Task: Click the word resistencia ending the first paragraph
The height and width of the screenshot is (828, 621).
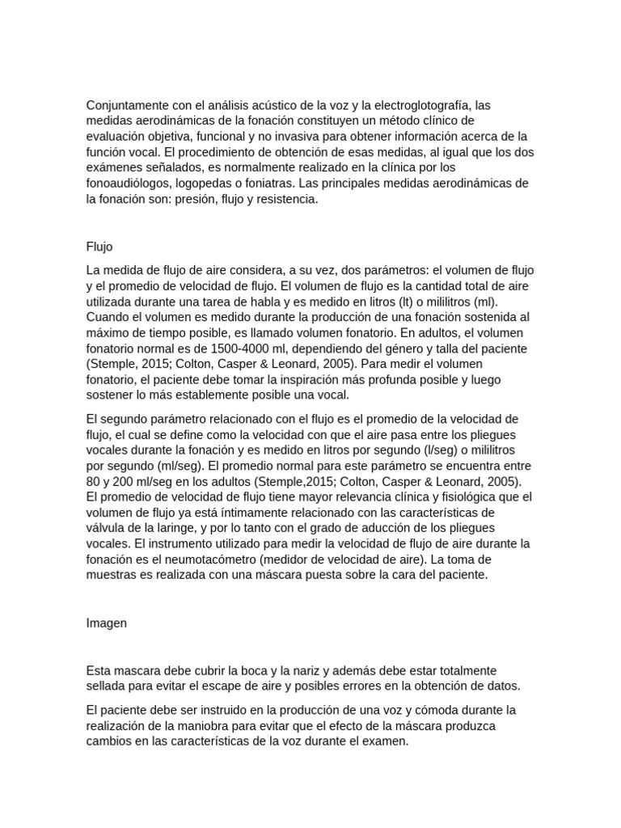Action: click(286, 198)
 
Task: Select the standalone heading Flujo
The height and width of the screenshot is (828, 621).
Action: click(99, 247)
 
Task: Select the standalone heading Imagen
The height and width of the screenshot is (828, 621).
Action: click(106, 623)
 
